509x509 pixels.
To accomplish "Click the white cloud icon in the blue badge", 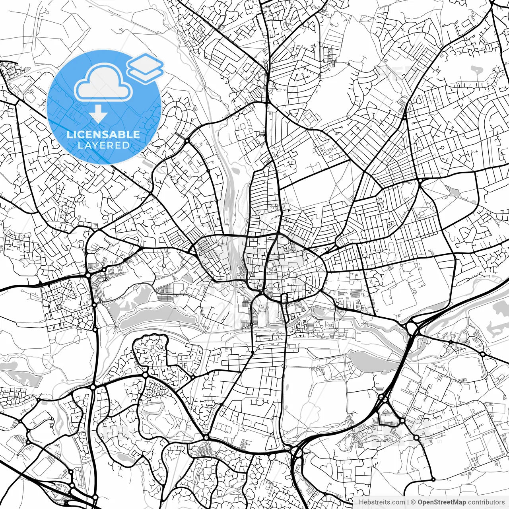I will (104, 84).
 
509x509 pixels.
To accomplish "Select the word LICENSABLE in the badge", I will (103, 134).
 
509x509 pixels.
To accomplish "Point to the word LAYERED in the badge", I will (103, 146).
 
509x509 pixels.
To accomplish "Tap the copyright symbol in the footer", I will (414, 502).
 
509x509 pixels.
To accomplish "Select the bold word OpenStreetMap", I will (441, 502).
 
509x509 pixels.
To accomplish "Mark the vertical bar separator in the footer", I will (408, 502).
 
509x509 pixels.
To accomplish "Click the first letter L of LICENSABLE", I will (69, 134).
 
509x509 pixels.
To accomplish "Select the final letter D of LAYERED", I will (126, 146).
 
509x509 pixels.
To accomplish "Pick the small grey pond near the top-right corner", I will (476, 70).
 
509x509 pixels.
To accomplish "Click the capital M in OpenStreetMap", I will (457, 502).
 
